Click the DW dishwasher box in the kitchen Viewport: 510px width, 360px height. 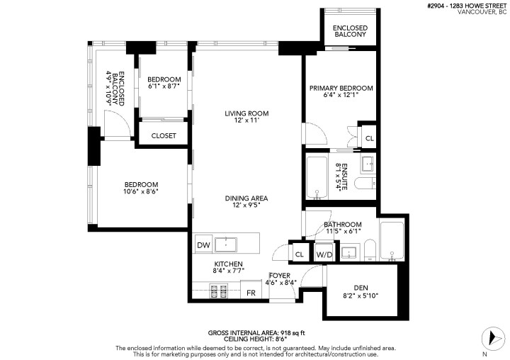click(x=203, y=245)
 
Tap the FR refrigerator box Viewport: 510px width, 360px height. click(x=251, y=291)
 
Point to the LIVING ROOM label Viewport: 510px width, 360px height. click(x=246, y=113)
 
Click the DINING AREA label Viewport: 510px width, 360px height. click(x=246, y=198)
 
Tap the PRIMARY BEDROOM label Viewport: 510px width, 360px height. click(x=341, y=88)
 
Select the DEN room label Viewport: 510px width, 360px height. click(x=360, y=288)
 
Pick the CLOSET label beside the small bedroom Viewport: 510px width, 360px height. click(x=164, y=135)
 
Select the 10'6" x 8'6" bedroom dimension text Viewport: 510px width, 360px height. click(x=140, y=191)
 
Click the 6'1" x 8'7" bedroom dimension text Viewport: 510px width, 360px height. click(x=164, y=86)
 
